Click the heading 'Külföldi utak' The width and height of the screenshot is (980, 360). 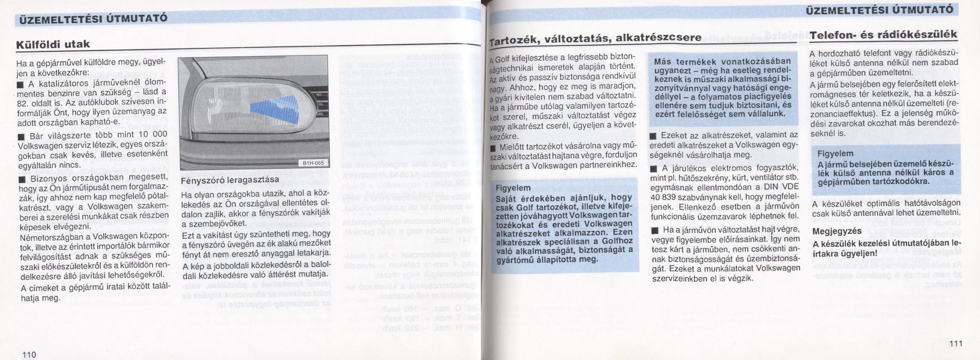coord(53,44)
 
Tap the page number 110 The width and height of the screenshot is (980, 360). coord(29,354)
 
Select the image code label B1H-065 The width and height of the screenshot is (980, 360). coord(313,163)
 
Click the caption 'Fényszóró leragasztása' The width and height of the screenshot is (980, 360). coord(230,180)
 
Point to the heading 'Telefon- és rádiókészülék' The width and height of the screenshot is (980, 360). coord(883,35)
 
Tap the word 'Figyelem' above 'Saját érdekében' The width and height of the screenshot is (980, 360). coord(513,188)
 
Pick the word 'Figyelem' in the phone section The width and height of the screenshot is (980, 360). coord(835,153)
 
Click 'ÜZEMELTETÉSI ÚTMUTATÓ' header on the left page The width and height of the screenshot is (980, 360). coord(91,18)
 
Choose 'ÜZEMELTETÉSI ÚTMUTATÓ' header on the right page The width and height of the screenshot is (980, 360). coord(879,10)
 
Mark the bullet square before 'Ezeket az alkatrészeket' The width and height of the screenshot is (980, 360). coord(653,136)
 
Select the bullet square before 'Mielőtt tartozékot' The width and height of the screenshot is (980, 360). coord(493,148)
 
